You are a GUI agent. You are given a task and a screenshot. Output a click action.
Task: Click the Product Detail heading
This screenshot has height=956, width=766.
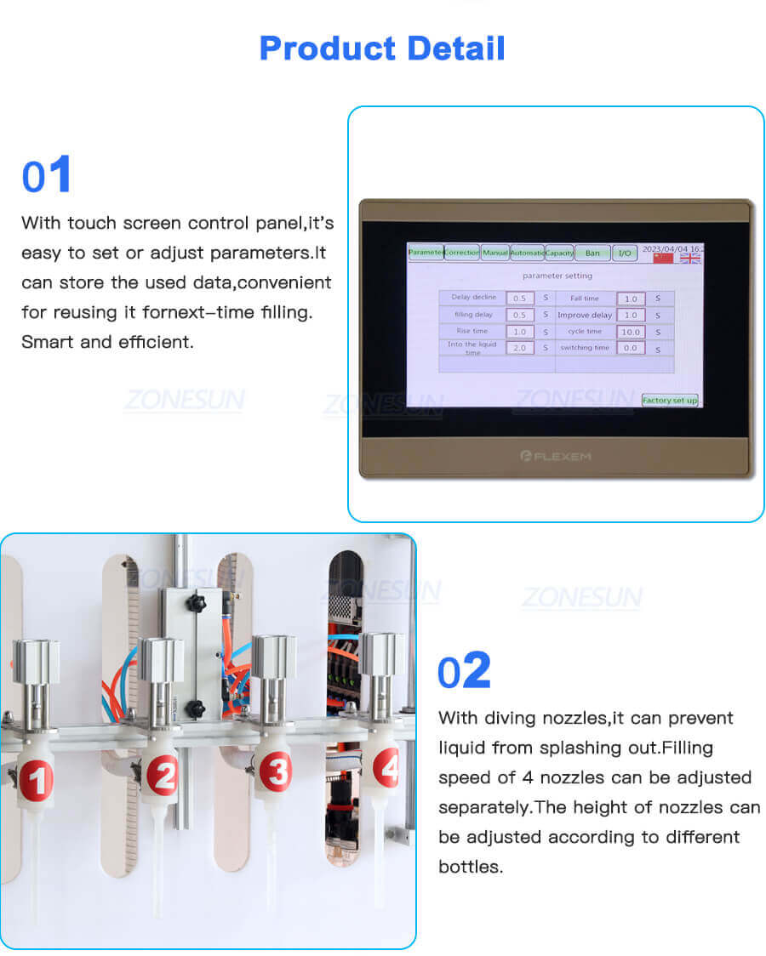tap(382, 48)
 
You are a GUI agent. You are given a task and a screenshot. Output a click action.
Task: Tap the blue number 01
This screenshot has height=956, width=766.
tap(47, 176)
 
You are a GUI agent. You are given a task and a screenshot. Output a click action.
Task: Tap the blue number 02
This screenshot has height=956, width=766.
tap(464, 671)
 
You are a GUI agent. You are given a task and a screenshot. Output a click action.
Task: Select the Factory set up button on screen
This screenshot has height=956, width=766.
tap(669, 400)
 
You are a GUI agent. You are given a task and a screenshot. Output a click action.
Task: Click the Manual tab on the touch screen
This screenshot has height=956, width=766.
tap(495, 253)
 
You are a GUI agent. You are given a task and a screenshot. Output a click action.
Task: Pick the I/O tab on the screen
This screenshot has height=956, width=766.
tap(624, 253)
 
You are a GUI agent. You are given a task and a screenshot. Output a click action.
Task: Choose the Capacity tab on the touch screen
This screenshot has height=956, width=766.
tap(559, 253)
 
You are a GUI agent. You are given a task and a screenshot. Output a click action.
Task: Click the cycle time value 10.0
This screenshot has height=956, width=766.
tap(631, 332)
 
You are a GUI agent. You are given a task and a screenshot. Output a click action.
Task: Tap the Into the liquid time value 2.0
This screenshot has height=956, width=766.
tap(520, 348)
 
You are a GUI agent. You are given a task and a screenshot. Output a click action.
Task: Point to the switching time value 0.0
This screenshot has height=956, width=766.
tap(631, 348)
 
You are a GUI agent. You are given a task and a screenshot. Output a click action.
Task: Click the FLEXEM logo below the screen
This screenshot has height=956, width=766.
tap(555, 456)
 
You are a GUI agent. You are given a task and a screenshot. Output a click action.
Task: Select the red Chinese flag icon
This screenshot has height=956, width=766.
tap(662, 258)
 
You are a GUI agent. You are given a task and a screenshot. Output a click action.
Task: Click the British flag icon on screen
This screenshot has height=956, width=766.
tap(690, 258)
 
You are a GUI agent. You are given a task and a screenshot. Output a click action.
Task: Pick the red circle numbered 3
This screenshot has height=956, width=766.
tap(274, 771)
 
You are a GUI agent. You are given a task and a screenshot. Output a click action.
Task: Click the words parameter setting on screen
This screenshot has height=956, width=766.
tap(557, 276)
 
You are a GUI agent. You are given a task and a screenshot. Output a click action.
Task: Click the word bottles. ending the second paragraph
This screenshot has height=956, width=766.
tap(470, 867)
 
